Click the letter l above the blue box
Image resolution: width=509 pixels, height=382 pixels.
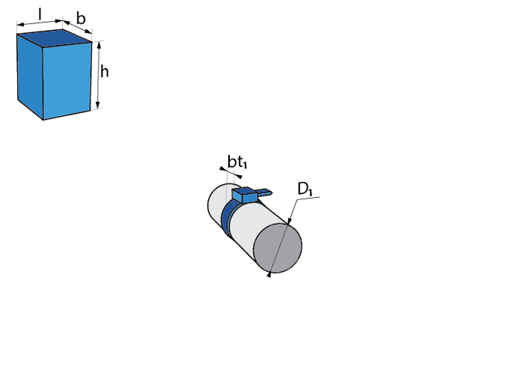tap(39, 13)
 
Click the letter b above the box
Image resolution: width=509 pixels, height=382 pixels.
tap(80, 18)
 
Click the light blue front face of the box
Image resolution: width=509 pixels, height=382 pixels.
tap(70, 78)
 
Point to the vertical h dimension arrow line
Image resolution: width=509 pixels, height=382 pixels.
tap(97, 75)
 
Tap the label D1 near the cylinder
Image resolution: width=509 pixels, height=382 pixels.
tap(304, 190)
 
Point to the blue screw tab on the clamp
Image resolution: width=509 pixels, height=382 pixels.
tap(264, 192)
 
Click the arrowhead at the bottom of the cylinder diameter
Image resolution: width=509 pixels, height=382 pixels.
tap(269, 275)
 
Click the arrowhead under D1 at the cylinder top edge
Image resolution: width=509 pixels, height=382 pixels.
tap(290, 220)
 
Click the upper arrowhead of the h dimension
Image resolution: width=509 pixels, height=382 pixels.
tap(97, 43)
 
